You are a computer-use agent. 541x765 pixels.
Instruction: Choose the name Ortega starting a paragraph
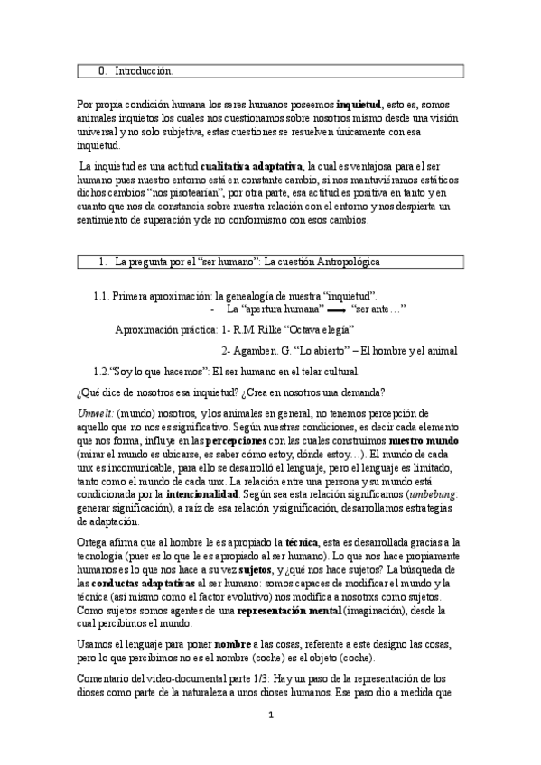tap(95, 540)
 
